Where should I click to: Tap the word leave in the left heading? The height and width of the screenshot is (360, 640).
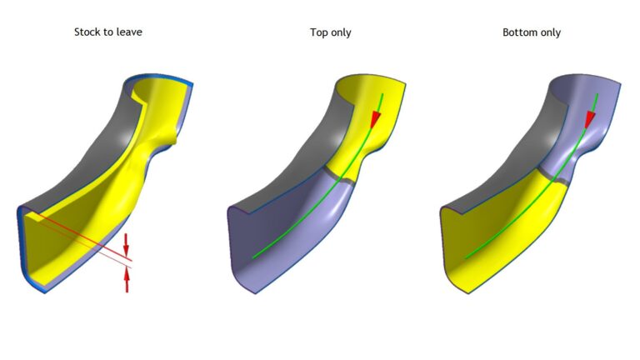click(x=129, y=32)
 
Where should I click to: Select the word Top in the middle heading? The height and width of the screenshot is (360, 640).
click(x=318, y=32)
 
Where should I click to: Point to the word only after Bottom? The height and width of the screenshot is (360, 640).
click(x=549, y=32)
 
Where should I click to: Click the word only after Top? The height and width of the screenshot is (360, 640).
click(x=340, y=32)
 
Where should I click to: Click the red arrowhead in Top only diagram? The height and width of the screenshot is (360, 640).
click(x=375, y=120)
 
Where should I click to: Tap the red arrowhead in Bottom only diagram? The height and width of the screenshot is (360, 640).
click(x=590, y=120)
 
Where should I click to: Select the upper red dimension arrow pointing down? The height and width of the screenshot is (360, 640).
click(x=126, y=244)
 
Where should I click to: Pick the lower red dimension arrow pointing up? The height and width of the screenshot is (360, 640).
click(x=127, y=281)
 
